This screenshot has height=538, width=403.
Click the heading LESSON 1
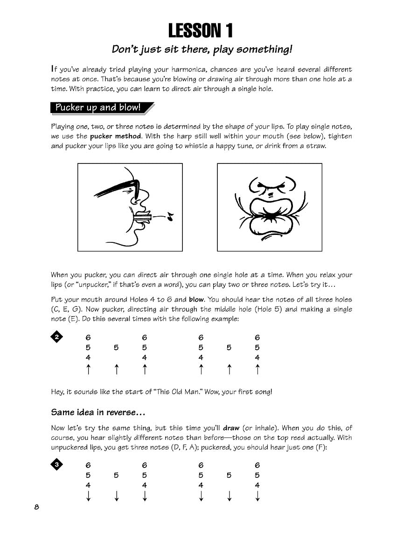click(201, 31)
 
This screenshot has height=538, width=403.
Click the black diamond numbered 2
click(56, 337)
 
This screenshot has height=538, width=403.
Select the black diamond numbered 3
click(56, 465)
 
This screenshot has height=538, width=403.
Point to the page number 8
click(36, 508)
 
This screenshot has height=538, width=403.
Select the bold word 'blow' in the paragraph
click(196, 299)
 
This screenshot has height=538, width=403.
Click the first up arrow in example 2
click(88, 369)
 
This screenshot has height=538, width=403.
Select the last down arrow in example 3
click(257, 496)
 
